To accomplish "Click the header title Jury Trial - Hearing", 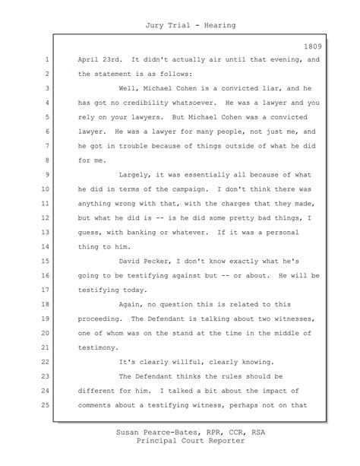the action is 179,26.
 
